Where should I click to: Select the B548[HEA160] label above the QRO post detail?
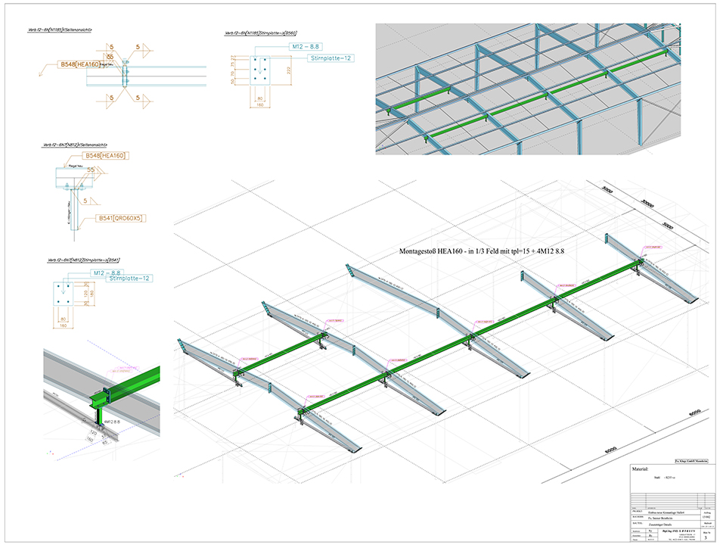coord(110,157)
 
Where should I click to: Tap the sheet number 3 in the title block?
coord(704,537)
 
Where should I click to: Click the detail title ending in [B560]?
coord(261,33)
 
